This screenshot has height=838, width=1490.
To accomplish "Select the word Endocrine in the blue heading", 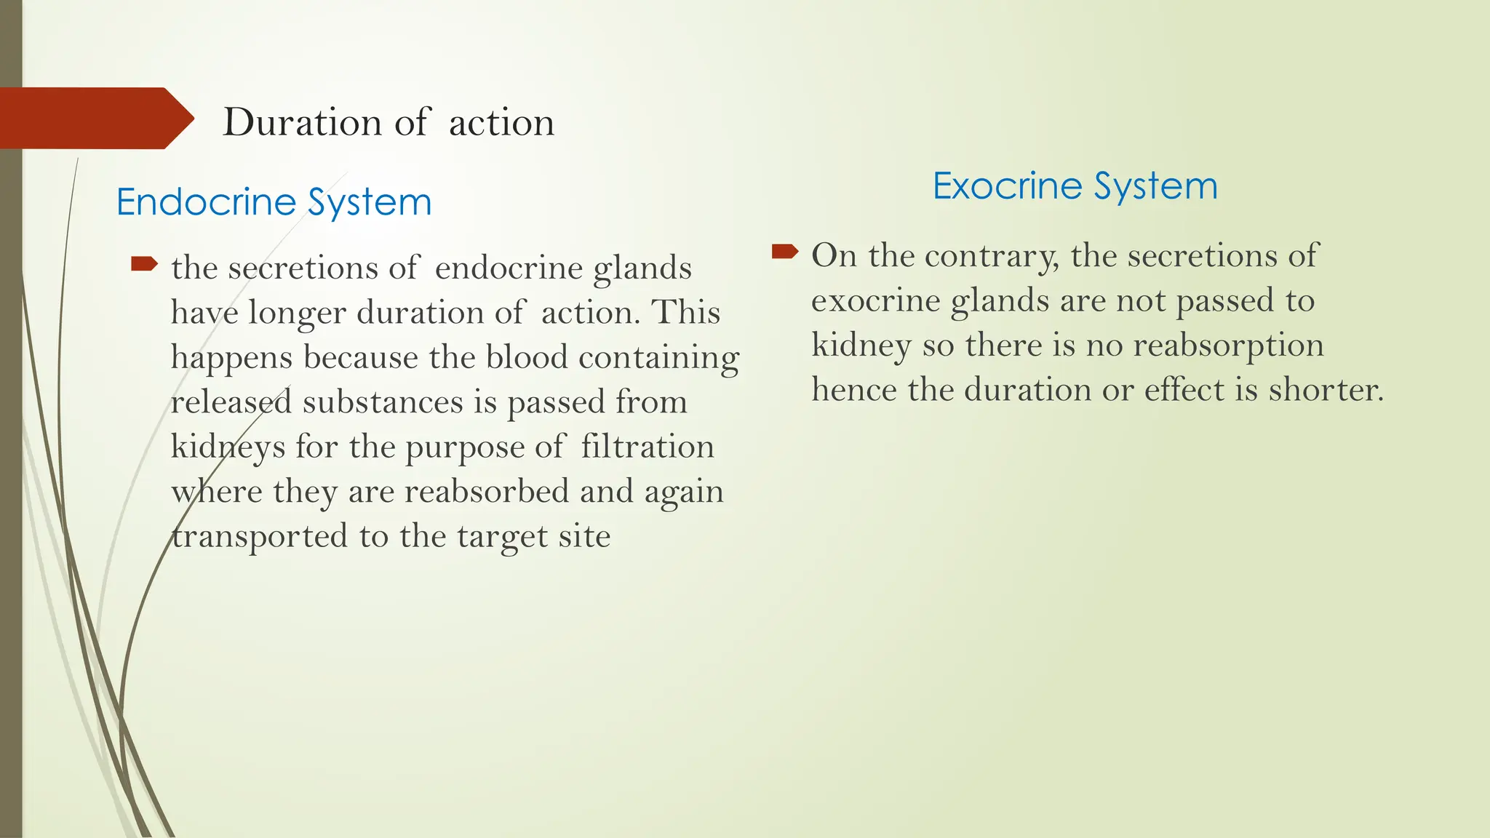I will click(x=207, y=201).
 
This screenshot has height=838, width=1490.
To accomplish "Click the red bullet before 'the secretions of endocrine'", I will click(x=143, y=263).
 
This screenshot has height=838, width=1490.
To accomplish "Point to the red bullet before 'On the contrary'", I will click(x=784, y=252).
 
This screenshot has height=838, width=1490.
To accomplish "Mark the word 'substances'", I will click(x=383, y=402).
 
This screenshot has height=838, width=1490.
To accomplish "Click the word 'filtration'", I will click(x=647, y=447).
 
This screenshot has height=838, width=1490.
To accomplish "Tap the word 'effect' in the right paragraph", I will click(x=1186, y=390).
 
